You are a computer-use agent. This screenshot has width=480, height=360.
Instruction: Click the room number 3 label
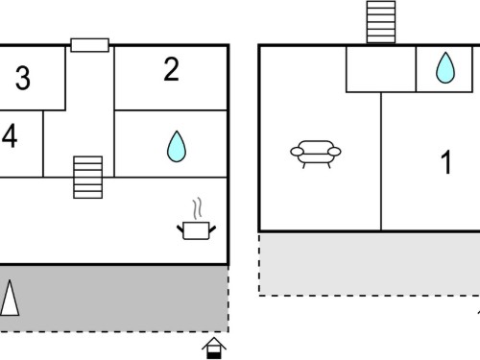(23, 78)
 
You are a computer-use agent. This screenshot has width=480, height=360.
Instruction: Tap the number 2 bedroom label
(171, 69)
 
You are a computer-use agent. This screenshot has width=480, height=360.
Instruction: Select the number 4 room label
(10, 136)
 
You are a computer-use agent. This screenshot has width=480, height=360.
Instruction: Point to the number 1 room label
(446, 162)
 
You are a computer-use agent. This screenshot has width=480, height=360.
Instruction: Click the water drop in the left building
(177, 147)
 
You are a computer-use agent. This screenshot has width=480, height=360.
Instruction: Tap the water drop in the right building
(445, 68)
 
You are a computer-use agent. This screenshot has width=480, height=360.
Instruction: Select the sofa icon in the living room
(316, 155)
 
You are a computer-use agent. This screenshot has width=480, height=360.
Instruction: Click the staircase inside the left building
(87, 178)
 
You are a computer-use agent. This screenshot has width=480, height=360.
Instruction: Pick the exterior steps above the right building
(381, 22)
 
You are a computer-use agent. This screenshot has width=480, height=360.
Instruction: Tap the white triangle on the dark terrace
(10, 298)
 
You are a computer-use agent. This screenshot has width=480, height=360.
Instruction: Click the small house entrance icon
(214, 348)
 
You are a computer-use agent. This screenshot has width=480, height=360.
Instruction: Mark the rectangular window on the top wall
(89, 45)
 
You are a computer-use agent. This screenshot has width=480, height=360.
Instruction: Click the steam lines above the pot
(198, 208)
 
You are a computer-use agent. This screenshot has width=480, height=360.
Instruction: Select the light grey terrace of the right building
(370, 264)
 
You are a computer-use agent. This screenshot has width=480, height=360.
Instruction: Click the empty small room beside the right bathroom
(381, 69)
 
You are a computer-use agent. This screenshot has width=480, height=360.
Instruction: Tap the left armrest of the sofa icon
(297, 152)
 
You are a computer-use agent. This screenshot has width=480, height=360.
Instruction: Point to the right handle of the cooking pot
(212, 229)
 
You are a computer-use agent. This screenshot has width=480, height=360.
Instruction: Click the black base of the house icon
(214, 355)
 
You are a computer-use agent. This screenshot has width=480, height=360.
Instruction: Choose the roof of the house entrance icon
(214, 343)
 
